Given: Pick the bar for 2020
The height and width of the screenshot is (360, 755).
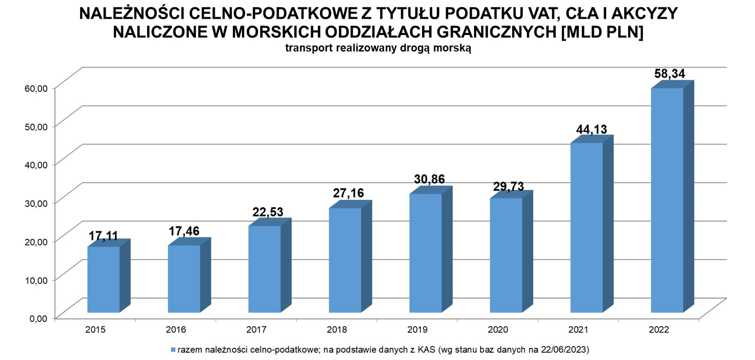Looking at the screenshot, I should tap(506, 255).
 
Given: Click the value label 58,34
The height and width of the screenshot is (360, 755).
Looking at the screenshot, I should tap(670, 74).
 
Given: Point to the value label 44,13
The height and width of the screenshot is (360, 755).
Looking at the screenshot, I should tap(592, 129).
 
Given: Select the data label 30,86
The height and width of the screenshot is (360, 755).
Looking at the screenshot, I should tap(429, 179).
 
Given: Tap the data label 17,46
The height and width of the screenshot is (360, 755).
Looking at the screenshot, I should tap(184, 231).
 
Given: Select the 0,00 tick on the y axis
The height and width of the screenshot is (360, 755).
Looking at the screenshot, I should tap(38, 318).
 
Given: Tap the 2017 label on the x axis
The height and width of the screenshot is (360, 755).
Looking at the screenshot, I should tap(256, 330).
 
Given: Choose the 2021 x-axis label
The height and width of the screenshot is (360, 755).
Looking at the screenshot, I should tap(578, 330).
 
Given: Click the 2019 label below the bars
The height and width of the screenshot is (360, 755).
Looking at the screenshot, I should tap(417, 330).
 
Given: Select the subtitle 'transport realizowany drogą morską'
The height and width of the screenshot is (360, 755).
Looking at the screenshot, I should tap(378, 48).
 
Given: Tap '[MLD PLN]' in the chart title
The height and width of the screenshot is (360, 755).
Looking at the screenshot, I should tap(602, 32).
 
